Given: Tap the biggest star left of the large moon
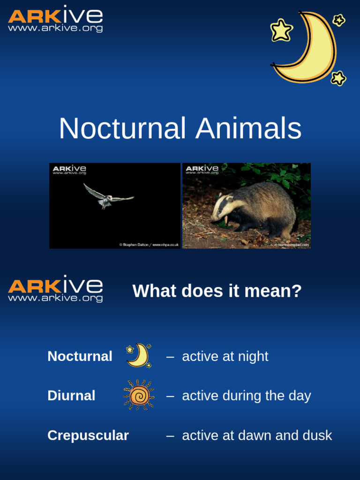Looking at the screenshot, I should pyautogui.click(x=281, y=30).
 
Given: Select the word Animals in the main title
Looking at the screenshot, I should pyautogui.click(x=248, y=128).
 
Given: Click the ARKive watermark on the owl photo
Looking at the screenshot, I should pyautogui.click(x=69, y=169).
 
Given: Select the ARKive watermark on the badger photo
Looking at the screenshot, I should pyautogui.click(x=202, y=169).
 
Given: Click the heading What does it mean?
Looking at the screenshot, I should pyautogui.click(x=217, y=291).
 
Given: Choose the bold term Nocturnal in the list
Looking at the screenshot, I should pyautogui.click(x=80, y=356).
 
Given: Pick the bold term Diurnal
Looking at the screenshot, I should pyautogui.click(x=71, y=396).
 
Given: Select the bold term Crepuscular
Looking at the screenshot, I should pyautogui.click(x=88, y=435).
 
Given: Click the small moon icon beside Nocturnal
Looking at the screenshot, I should pyautogui.click(x=139, y=355).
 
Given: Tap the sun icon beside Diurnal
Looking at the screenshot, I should pyautogui.click(x=139, y=395).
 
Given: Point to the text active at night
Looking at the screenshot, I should pyautogui.click(x=225, y=356).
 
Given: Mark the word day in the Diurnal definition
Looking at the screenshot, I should pyautogui.click(x=300, y=396).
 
